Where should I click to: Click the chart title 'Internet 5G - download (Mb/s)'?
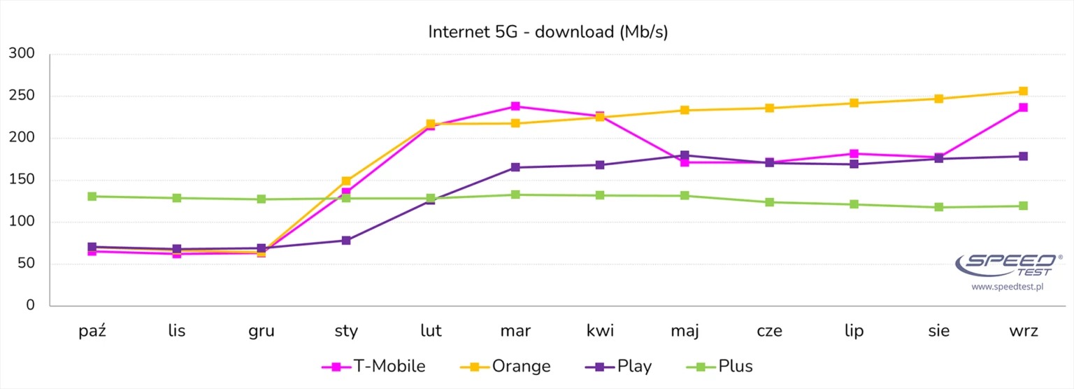pyautogui.click(x=547, y=32)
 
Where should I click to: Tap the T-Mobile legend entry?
pyautogui.click(x=373, y=366)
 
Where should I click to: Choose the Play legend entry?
pyautogui.click(x=619, y=366)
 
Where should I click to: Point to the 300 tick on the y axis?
pyautogui.click(x=22, y=54)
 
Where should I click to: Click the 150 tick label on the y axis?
pyautogui.click(x=22, y=180)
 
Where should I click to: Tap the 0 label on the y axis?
pyautogui.click(x=30, y=306)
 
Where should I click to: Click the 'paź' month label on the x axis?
pyautogui.click(x=92, y=331)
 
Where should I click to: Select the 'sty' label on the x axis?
pyautogui.click(x=346, y=331)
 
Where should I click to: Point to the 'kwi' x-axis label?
pyautogui.click(x=600, y=331)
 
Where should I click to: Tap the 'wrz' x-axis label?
pyautogui.click(x=1023, y=331)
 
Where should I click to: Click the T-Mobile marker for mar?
pyautogui.click(x=515, y=106)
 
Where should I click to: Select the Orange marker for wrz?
pyautogui.click(x=1023, y=92)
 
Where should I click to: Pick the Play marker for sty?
pyautogui.click(x=346, y=241)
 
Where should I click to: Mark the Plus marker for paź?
pyautogui.click(x=92, y=197)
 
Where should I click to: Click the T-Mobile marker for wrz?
pyautogui.click(x=1023, y=108)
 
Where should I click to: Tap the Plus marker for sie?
pyautogui.click(x=938, y=207)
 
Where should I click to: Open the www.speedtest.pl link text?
pyautogui.click(x=1008, y=288)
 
